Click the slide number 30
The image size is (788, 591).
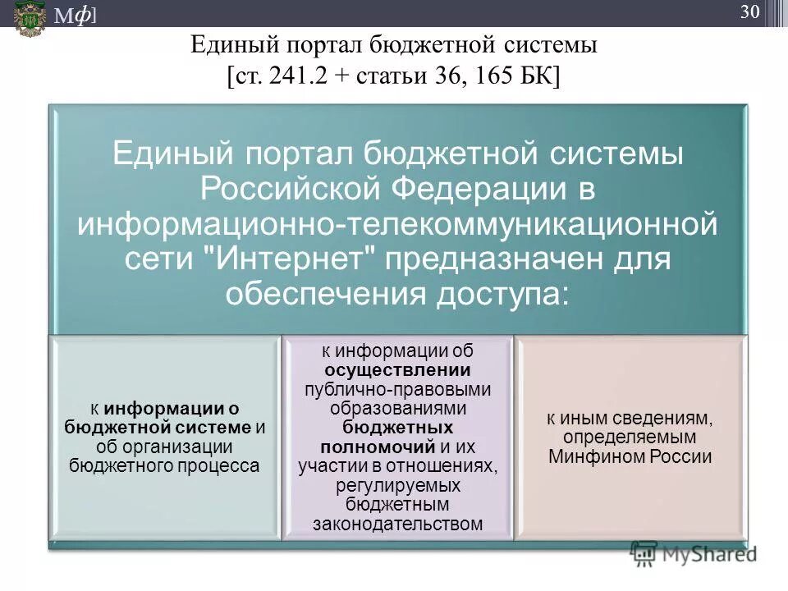pos(750,11)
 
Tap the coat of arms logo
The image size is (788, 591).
pos(30,17)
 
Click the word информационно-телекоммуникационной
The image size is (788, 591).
pos(397,224)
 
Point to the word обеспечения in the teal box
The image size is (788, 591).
pos(316,293)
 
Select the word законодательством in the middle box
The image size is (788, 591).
pos(397,524)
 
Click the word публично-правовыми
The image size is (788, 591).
pos(397,388)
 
